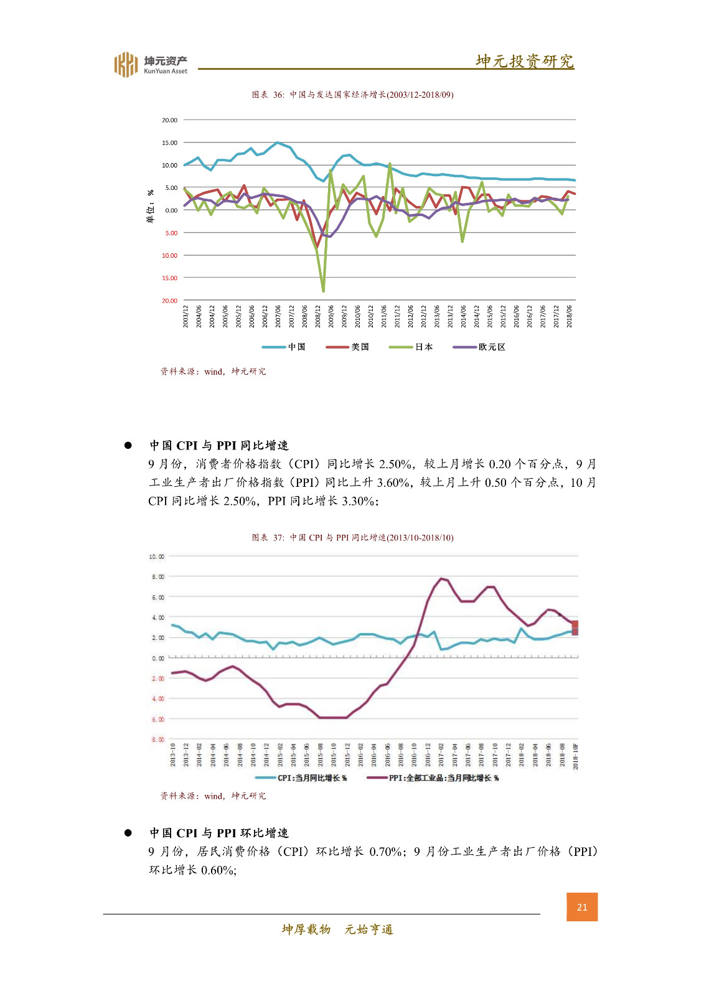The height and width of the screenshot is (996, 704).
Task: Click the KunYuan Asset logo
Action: pyautogui.click(x=150, y=64)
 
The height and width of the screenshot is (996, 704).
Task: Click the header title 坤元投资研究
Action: pyautogui.click(x=524, y=61)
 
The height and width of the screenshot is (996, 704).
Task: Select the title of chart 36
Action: pyautogui.click(x=352, y=95)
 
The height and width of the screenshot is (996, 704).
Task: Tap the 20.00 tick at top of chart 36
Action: pyautogui.click(x=169, y=120)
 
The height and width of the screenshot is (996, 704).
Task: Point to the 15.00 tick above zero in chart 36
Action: pyautogui.click(x=169, y=143)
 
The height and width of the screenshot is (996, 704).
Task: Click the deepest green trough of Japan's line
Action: pyautogui.click(x=323, y=290)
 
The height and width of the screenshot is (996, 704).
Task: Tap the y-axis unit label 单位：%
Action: pyautogui.click(x=150, y=206)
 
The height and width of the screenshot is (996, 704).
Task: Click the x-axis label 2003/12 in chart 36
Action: pyautogui.click(x=185, y=316)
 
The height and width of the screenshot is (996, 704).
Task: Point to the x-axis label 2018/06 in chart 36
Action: pyautogui.click(x=570, y=316)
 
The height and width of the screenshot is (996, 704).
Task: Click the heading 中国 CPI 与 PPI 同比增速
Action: pyautogui.click(x=218, y=445)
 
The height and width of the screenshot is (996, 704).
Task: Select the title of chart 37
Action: pyautogui.click(x=352, y=537)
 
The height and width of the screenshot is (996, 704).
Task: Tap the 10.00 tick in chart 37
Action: pyautogui.click(x=156, y=557)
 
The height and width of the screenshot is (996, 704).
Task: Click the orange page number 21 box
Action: pyautogui.click(x=581, y=907)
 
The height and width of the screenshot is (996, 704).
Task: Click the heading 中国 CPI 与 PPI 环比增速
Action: pyautogui.click(x=218, y=833)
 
